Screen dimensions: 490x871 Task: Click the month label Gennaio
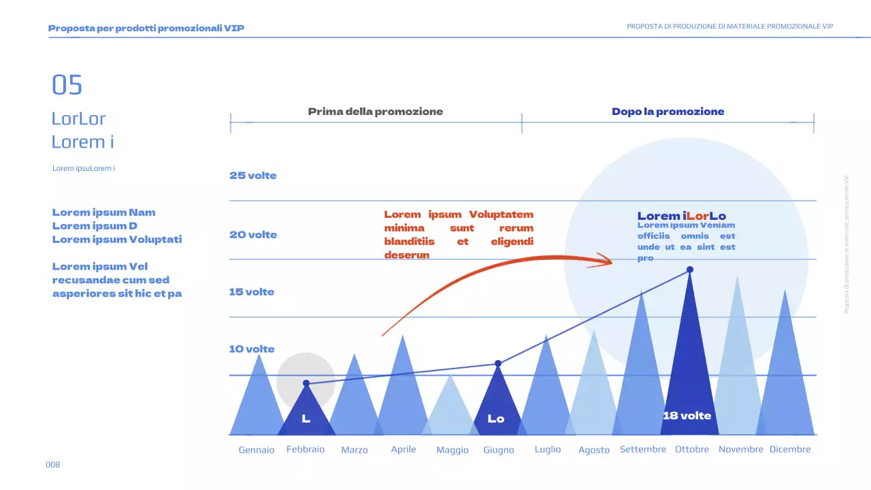[257, 450]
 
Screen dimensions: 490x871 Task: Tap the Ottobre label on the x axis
[692, 449]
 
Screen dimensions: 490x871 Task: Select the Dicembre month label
[790, 449]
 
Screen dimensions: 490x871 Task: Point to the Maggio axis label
[453, 450]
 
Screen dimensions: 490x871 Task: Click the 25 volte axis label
[253, 176]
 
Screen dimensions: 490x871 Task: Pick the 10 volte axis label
[252, 349]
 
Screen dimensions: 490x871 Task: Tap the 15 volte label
[252, 292]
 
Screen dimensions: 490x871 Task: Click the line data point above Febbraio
[306, 383]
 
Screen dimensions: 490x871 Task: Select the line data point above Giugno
[498, 363]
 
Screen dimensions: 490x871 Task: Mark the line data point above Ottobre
[690, 269]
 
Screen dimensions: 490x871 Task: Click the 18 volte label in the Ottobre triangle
[687, 416]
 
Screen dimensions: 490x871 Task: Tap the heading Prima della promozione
[376, 112]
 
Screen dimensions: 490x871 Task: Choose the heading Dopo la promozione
[668, 112]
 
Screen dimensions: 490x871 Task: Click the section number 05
[67, 85]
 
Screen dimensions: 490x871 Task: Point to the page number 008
[53, 465]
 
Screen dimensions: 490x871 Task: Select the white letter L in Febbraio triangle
[306, 419]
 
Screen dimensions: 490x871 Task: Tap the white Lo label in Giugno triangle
[496, 419]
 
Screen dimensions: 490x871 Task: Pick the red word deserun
[407, 255]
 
